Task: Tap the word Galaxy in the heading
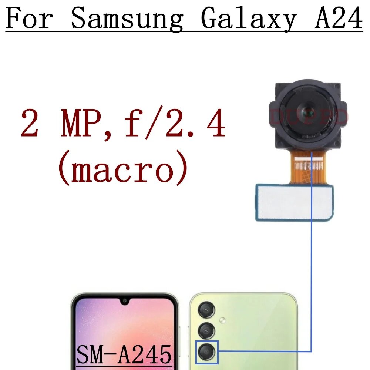pyautogui.click(x=249, y=18)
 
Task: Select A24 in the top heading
pyautogui.click(x=338, y=18)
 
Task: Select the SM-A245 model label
pyautogui.click(x=124, y=355)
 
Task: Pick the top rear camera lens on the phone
pyautogui.click(x=206, y=310)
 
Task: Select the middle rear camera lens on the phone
pyautogui.click(x=206, y=330)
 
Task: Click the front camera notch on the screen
pyautogui.click(x=125, y=300)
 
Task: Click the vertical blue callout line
pyautogui.click(x=312, y=259)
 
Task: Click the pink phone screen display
pyautogui.click(x=122, y=326)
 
